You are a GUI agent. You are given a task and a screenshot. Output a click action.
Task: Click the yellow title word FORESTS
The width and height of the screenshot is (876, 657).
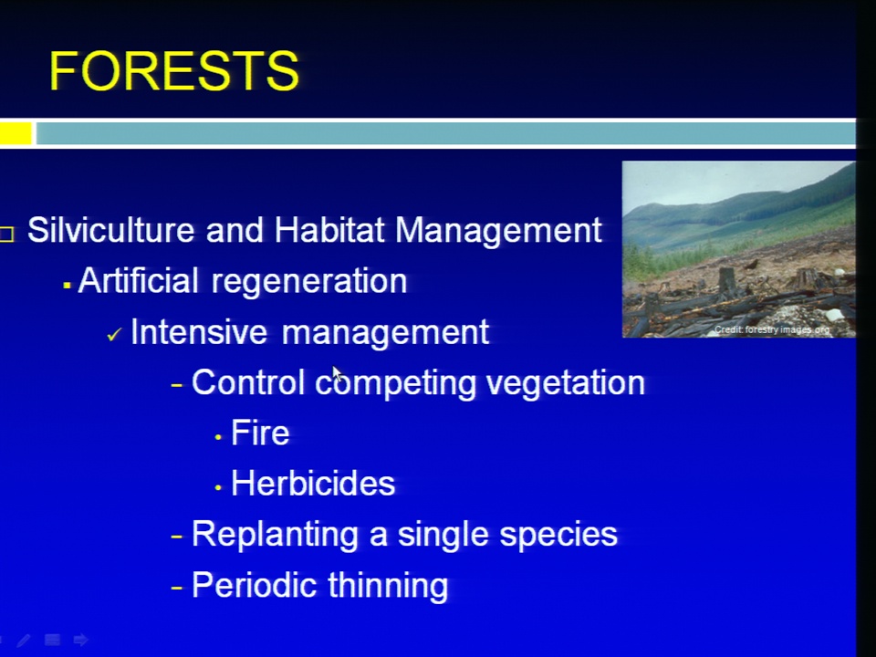[x=174, y=70]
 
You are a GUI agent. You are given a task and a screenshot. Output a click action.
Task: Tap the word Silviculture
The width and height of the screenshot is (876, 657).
[x=111, y=230]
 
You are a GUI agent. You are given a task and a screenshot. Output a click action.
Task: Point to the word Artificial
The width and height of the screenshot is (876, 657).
[x=139, y=280]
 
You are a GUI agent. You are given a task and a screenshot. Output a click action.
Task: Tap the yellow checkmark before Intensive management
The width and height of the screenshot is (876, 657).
[x=114, y=334]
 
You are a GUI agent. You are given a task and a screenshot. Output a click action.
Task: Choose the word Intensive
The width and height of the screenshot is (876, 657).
[x=200, y=331]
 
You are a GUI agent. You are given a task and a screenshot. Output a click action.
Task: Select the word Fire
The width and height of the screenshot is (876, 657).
[x=260, y=433]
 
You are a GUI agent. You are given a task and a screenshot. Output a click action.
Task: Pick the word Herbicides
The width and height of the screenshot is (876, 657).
[x=313, y=483]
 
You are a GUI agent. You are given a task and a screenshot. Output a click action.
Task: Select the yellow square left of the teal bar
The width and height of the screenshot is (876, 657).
[x=16, y=133]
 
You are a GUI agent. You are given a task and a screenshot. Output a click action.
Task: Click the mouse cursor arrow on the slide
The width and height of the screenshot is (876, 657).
[x=337, y=374]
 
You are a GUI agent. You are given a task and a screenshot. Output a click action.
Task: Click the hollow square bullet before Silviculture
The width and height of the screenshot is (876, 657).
[x=6, y=234]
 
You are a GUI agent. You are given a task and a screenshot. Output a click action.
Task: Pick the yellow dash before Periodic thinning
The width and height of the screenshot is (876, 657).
[x=177, y=588]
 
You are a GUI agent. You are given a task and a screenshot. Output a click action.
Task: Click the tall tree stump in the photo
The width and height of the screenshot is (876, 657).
[x=726, y=279]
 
